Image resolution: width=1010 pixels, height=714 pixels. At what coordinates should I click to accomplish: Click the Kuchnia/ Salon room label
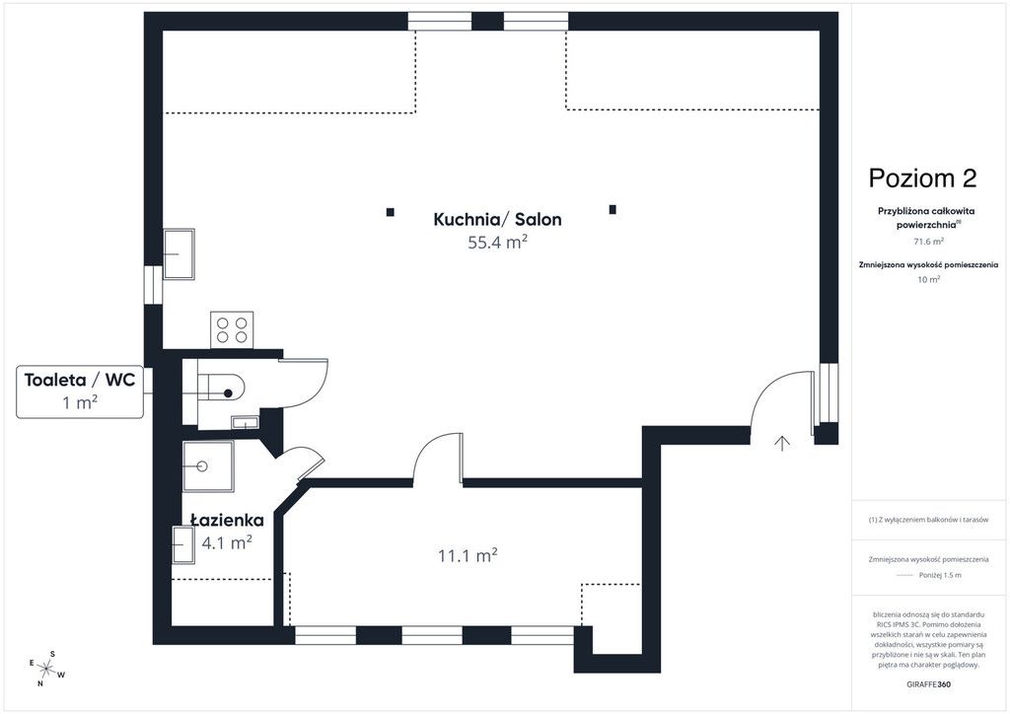coord(497,220)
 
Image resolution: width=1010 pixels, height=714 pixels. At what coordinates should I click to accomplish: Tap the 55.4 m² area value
coord(498,243)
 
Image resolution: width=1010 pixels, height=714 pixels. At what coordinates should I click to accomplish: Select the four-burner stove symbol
coord(232,329)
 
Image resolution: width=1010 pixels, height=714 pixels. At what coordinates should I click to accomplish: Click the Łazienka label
coord(228,520)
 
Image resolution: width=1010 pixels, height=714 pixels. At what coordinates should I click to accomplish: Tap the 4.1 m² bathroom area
coord(227,542)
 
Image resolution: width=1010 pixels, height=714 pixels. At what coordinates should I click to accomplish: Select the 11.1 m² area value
coord(468,555)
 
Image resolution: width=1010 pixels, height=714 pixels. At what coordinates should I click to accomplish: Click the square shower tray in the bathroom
coord(207,466)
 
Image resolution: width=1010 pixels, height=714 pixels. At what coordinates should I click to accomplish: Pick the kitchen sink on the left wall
coord(179,253)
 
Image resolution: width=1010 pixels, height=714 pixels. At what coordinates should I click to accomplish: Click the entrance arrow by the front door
coord(782,443)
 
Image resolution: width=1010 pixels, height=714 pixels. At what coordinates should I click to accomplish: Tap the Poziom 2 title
coord(922,178)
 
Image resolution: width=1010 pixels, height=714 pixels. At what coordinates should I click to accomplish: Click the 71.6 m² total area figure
coord(928,242)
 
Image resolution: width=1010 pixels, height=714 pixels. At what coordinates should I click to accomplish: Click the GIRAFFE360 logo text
coord(928,684)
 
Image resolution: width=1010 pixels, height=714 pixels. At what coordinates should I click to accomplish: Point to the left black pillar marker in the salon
coord(390,212)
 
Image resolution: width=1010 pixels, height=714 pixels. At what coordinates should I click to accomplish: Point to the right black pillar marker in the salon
coord(613,209)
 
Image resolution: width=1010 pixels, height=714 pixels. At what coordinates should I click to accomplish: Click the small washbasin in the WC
coord(245,422)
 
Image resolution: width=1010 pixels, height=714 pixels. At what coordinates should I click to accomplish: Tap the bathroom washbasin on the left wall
coord(182,544)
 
